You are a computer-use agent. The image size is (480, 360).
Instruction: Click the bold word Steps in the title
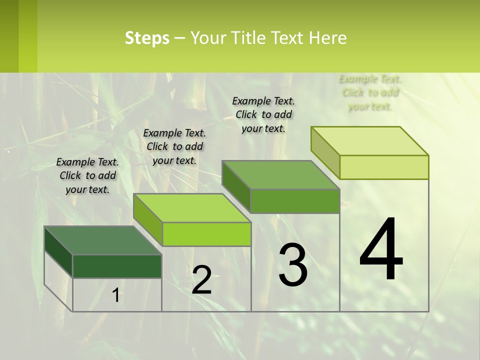147,38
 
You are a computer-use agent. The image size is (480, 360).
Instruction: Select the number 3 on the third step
293,265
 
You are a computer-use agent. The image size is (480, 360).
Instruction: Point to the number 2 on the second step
201,280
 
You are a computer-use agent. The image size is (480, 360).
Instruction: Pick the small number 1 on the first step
115,295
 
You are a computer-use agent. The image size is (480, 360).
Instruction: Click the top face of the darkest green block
102,240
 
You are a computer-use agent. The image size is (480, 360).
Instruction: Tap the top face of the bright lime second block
191,208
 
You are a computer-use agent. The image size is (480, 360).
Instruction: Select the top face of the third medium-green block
280,175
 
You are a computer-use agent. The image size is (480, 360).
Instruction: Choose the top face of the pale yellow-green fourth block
369,141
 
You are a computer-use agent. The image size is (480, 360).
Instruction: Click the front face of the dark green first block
117,266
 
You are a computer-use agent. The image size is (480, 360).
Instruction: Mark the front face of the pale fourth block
384,167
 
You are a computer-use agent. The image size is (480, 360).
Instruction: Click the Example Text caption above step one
87,175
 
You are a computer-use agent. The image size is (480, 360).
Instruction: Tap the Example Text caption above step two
174,146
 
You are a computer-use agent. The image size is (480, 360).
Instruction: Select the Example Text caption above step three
263,114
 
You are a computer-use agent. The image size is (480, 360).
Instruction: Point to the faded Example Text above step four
370,92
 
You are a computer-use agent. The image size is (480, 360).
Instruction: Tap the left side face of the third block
236,186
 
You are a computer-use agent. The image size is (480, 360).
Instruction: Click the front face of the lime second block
206,234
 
